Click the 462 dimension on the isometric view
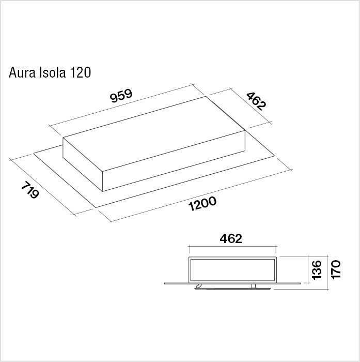click(x=256, y=101)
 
